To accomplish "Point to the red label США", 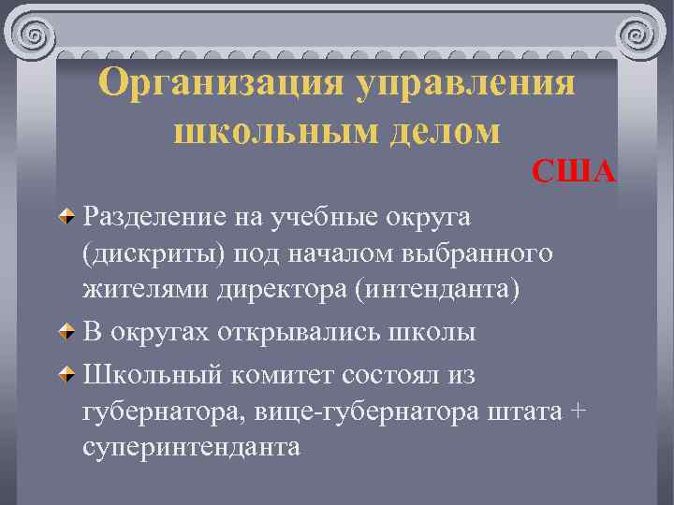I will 574,171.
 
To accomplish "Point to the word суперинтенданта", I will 191,446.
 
